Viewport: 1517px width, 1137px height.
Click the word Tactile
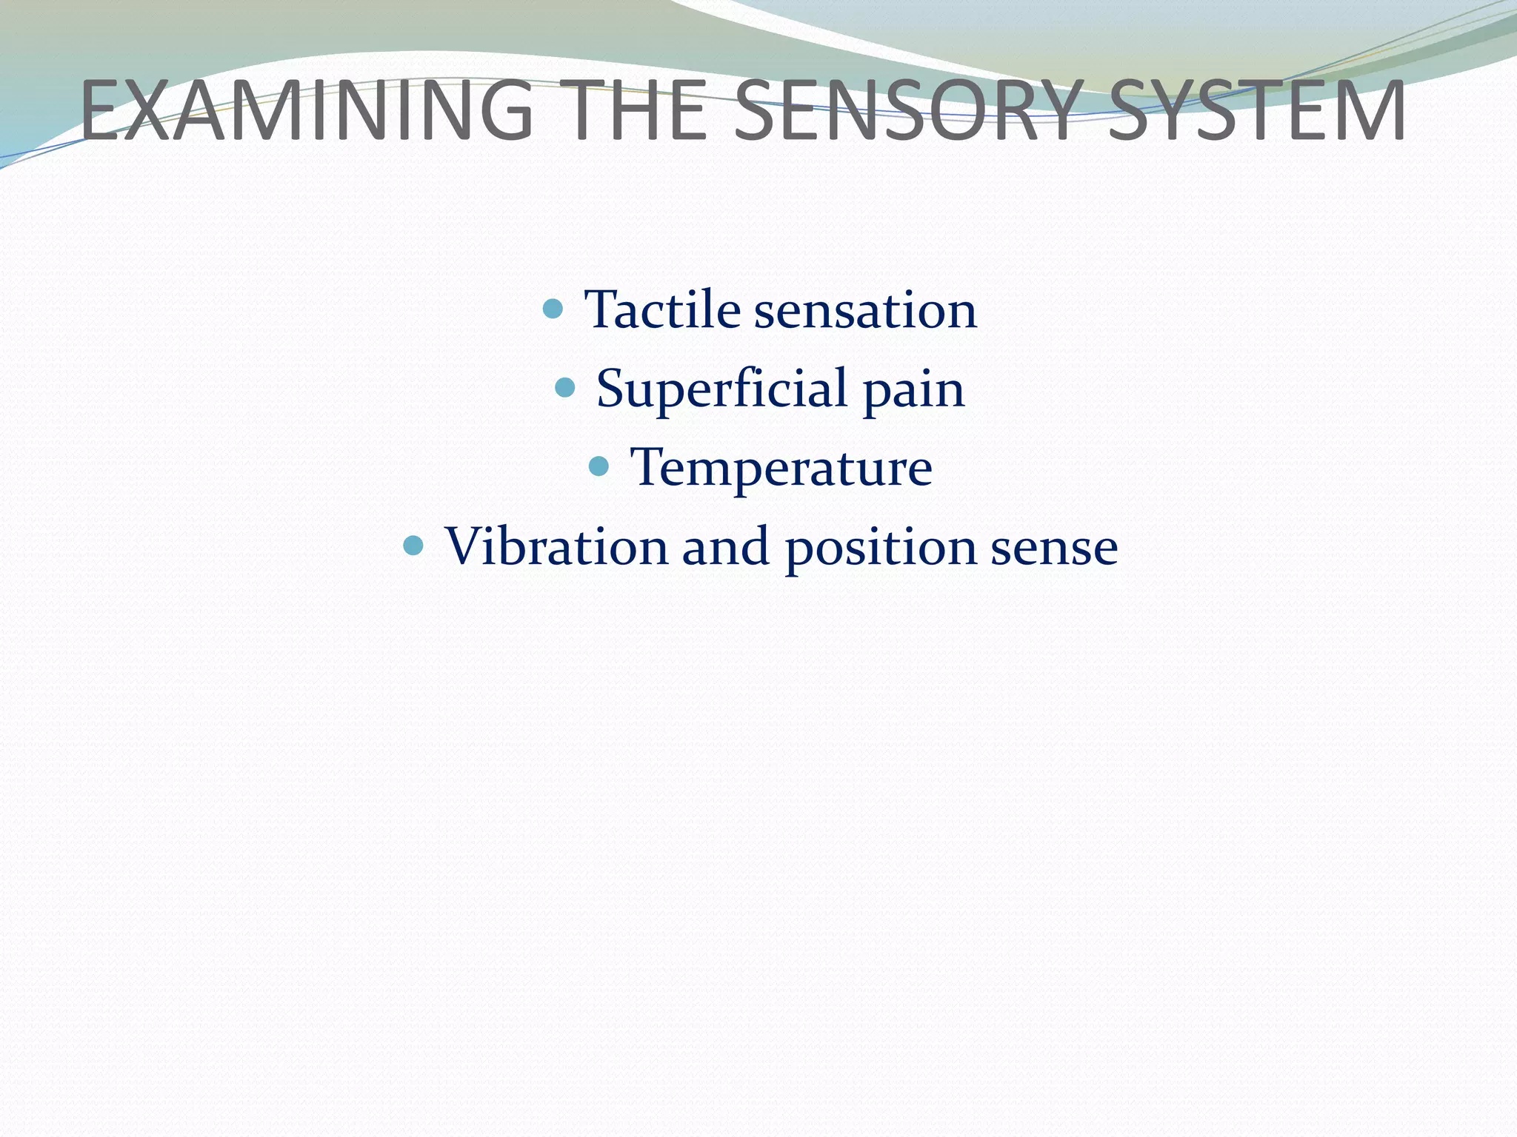click(662, 309)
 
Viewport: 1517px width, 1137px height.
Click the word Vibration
click(556, 546)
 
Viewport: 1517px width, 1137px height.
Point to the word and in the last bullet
click(725, 546)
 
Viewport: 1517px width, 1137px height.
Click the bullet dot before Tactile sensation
click(553, 308)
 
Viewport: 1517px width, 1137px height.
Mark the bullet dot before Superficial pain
click(564, 386)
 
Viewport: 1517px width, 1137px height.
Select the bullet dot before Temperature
click(599, 466)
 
